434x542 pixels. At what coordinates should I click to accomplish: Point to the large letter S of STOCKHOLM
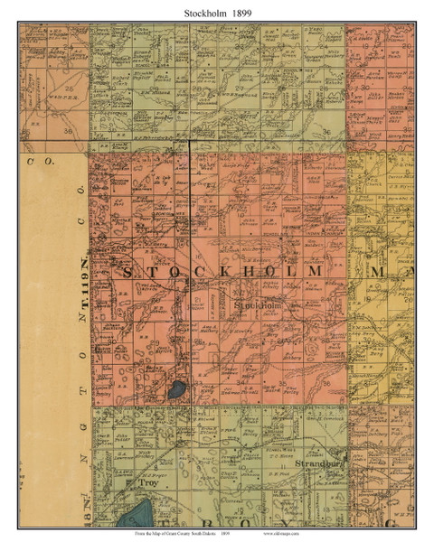(127, 272)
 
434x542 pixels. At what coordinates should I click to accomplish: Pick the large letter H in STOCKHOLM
(247, 272)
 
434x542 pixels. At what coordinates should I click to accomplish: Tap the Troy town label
(147, 484)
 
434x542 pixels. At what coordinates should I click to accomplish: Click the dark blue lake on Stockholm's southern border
(174, 392)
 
